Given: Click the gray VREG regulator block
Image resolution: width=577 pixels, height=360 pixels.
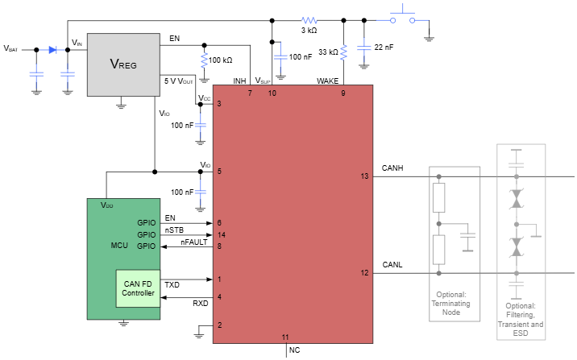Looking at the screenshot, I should click(x=122, y=64).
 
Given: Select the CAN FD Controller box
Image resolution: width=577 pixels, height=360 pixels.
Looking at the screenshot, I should click(x=138, y=288).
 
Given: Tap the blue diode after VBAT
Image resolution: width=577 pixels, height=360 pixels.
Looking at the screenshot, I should click(x=52, y=50).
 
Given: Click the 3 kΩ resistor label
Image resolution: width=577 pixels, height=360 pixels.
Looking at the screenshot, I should click(x=309, y=31).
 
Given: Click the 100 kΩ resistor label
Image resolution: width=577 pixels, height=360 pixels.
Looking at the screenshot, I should click(x=220, y=60).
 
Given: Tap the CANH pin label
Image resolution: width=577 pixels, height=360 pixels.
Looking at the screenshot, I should click(x=392, y=168).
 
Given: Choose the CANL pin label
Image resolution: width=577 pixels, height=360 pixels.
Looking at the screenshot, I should click(x=392, y=264).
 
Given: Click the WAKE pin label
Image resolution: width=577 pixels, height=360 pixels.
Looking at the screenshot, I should click(x=327, y=81).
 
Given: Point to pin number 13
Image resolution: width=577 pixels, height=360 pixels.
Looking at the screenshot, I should click(x=364, y=176).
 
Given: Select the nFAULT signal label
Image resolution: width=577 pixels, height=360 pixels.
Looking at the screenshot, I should click(x=193, y=242).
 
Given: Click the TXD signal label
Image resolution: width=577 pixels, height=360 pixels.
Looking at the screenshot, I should click(x=172, y=284).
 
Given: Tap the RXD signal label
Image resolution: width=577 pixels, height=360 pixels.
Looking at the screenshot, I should click(x=200, y=304).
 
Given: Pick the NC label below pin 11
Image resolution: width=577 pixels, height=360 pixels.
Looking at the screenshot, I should click(x=293, y=351).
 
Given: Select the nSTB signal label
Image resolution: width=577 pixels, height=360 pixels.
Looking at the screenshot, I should click(x=175, y=230).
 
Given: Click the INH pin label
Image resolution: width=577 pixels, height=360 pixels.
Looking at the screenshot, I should click(x=239, y=81).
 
